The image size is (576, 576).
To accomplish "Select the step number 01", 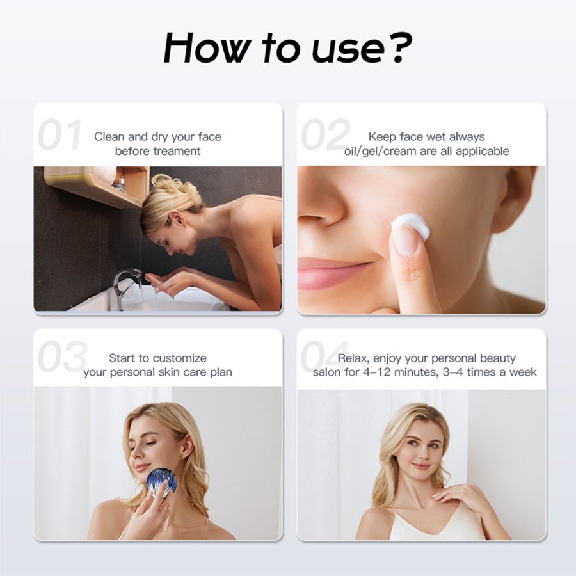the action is click(60, 134).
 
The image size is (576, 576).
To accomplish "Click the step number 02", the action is click(324, 134).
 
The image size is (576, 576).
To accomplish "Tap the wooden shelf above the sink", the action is click(96, 186).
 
